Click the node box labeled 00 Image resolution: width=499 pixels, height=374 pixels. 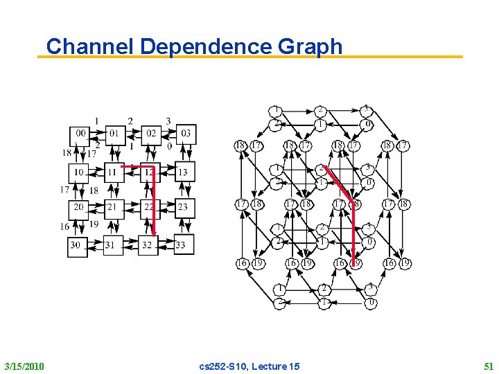click(x=80, y=133)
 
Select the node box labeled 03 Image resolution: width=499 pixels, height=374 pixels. click(x=185, y=133)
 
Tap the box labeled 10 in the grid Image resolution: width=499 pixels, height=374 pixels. click(x=80, y=172)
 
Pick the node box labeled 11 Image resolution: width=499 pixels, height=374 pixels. click(x=113, y=172)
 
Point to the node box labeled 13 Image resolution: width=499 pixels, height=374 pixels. click(x=183, y=172)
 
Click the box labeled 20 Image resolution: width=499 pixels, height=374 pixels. click(x=80, y=207)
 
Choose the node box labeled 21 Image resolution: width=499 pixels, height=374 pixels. click(x=113, y=207)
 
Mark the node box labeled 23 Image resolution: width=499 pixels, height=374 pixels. click(x=183, y=207)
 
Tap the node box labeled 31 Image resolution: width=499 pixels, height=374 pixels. click(x=112, y=245)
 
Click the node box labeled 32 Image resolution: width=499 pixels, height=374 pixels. click(x=148, y=245)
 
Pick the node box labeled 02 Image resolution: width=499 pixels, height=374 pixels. click(x=150, y=133)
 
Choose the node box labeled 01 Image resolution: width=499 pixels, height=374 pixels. click(x=114, y=133)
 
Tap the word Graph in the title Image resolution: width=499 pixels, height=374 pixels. click(x=309, y=46)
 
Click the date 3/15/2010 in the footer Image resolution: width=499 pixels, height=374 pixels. click(x=24, y=366)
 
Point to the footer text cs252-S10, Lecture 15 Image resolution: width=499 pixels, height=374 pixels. click(x=249, y=366)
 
